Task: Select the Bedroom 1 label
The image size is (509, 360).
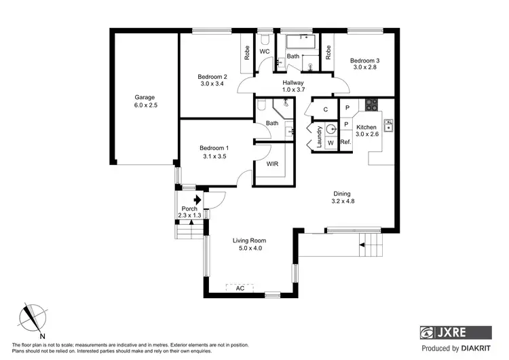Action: [x=214, y=148]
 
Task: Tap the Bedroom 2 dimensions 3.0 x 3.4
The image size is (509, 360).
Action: [x=212, y=84]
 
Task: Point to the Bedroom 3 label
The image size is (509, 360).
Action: [x=364, y=61]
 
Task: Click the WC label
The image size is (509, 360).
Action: [x=265, y=52]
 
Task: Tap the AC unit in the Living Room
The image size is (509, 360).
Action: [x=240, y=288]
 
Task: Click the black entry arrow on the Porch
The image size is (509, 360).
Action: [x=196, y=200]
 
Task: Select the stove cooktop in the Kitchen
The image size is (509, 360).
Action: [x=371, y=105]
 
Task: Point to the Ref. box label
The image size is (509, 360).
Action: [x=345, y=142]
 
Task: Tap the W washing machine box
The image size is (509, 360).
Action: [x=330, y=143]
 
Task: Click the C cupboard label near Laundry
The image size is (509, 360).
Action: [x=325, y=109]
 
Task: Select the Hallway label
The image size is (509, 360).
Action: [x=293, y=83]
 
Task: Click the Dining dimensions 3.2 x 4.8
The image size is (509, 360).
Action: [x=343, y=201]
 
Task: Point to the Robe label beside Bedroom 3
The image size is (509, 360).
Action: [x=328, y=52]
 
